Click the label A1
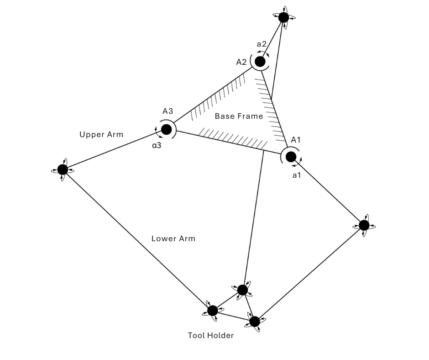click(296, 139)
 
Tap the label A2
click(241, 62)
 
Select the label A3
click(168, 111)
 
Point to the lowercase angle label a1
click(297, 175)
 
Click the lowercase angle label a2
click(262, 44)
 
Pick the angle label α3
click(157, 145)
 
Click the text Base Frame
click(239, 116)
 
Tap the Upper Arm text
click(101, 134)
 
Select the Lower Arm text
click(173, 238)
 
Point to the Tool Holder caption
click(211, 335)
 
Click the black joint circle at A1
click(291, 157)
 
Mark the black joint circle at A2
click(260, 61)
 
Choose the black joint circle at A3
click(166, 129)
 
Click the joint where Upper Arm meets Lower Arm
click(63, 169)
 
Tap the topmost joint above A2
click(283, 17)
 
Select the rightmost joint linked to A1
click(364, 225)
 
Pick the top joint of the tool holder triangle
click(242, 290)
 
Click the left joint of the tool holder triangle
click(212, 311)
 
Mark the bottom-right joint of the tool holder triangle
click(254, 321)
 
